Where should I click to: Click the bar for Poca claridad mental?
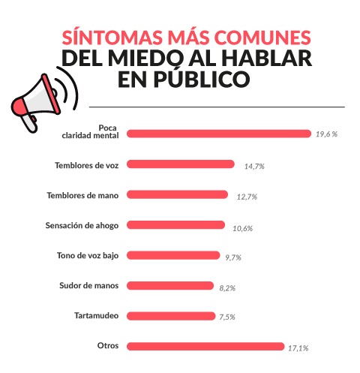pos(218,134)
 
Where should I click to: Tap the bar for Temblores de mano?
pos(177,194)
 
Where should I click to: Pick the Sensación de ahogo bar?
pos(175,224)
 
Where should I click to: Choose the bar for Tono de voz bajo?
pos(173,255)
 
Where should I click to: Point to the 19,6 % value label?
pos(326,134)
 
